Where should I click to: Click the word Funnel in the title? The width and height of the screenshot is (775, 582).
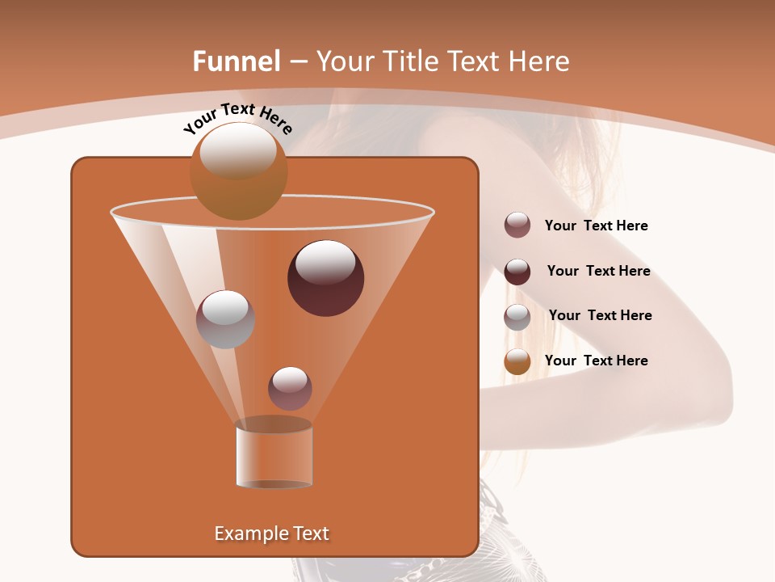coord(237,61)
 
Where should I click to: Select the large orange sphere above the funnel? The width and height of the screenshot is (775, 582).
coord(238,171)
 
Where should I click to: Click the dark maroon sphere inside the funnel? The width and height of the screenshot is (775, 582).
coord(325,277)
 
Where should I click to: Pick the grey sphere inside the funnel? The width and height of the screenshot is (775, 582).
coord(225,318)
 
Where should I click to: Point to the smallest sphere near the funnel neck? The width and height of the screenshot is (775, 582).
coord(290,388)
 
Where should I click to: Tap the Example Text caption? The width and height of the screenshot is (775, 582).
coord(271,533)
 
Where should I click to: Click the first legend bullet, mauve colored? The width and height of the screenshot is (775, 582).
coord(517,226)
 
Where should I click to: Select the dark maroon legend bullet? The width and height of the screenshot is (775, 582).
coord(517,271)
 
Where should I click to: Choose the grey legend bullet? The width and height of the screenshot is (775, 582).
coord(517,316)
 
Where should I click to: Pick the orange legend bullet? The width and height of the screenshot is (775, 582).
coord(517,361)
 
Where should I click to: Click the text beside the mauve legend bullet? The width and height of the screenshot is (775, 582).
coord(596,226)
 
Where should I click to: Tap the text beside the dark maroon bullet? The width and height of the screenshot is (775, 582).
coord(598,272)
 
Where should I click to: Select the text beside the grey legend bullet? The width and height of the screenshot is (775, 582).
coord(600,316)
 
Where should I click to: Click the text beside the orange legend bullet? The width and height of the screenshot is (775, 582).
coord(596,361)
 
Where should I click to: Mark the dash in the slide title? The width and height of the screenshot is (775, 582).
coord(297,62)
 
